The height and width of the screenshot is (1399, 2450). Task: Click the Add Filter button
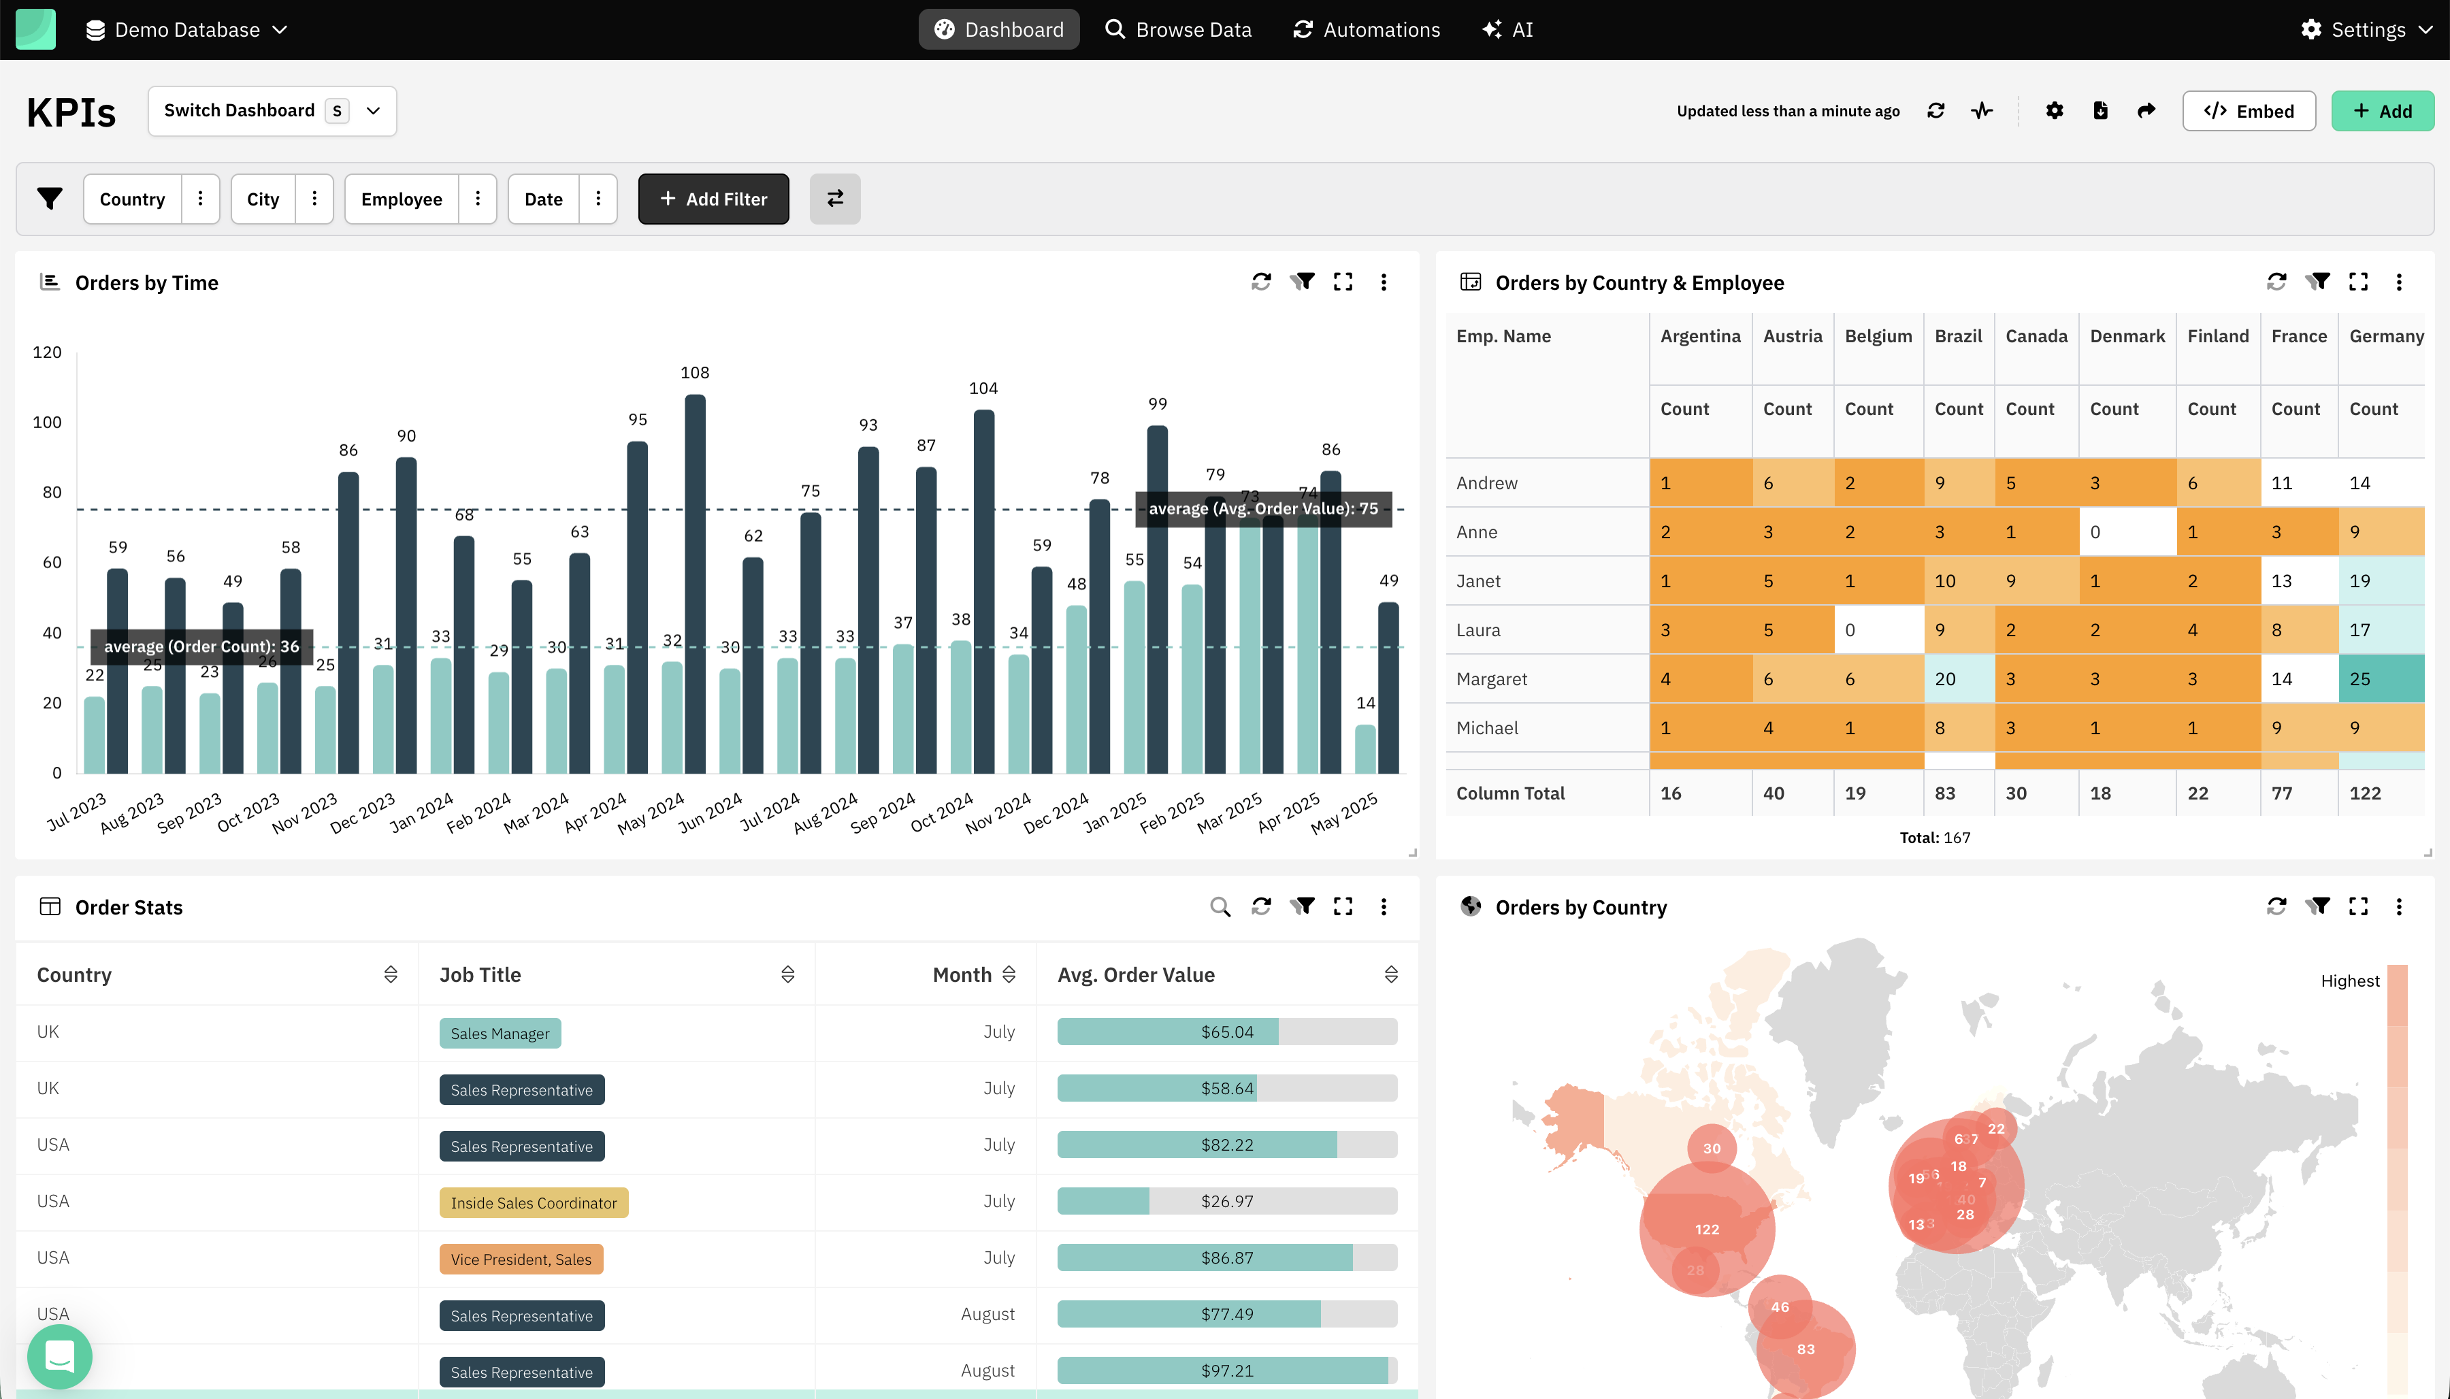click(x=713, y=199)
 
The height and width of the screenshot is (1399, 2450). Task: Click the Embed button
click(x=2249, y=110)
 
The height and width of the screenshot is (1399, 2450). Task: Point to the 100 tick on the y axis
click(x=47, y=422)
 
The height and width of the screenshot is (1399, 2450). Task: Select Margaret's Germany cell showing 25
click(x=2380, y=678)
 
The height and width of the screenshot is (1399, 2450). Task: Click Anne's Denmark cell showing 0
click(x=2126, y=531)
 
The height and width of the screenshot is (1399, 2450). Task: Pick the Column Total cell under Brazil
click(x=1957, y=793)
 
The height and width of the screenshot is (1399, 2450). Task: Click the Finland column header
click(x=2217, y=336)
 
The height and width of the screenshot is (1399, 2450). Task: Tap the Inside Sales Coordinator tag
click(x=534, y=1203)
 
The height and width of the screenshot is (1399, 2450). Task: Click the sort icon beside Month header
click(x=1009, y=974)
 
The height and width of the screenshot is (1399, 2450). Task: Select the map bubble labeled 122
click(x=1706, y=1229)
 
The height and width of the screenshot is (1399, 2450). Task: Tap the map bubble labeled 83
click(x=1806, y=1349)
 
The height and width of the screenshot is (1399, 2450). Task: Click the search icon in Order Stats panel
click(x=1220, y=906)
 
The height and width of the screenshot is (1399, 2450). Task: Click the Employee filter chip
click(x=402, y=199)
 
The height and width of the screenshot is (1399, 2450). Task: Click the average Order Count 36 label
click(x=201, y=646)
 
